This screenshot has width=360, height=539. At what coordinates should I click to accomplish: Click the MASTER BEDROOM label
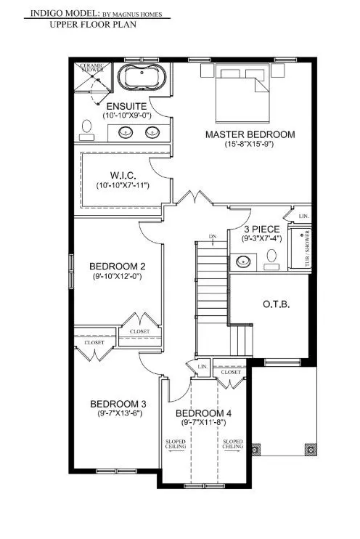[x=250, y=134]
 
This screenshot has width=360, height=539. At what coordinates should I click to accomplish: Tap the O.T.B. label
[x=277, y=304]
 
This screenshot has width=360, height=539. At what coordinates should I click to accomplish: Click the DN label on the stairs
[x=212, y=238]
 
